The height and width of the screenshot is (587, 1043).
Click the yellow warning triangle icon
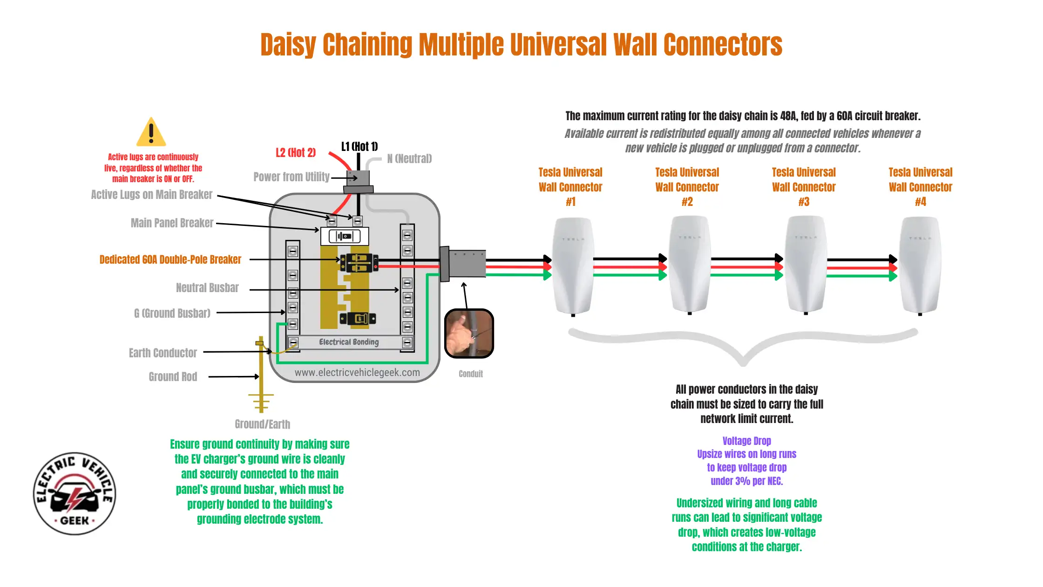pyautogui.click(x=151, y=133)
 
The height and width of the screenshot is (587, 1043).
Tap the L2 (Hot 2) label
pyautogui.click(x=295, y=153)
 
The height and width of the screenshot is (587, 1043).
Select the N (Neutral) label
pyautogui.click(x=409, y=159)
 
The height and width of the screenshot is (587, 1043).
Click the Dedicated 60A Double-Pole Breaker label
pyautogui.click(x=170, y=259)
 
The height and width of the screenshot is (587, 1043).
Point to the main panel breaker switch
pyautogui.click(x=345, y=236)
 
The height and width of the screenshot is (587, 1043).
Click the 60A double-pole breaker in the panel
pyautogui.click(x=359, y=263)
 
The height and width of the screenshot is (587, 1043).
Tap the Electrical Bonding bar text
pyautogui.click(x=349, y=342)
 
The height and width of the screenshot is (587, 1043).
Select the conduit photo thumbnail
pyautogui.click(x=469, y=334)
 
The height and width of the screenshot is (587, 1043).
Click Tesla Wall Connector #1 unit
pyautogui.click(x=572, y=266)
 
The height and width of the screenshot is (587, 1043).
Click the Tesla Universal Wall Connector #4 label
pyautogui.click(x=920, y=187)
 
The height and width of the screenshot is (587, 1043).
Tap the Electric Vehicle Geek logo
pyautogui.click(x=74, y=493)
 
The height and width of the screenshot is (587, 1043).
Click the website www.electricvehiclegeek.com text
pyautogui.click(x=357, y=373)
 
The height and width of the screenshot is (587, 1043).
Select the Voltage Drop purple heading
pyautogui.click(x=746, y=441)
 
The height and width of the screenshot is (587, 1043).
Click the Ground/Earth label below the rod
pyautogui.click(x=262, y=424)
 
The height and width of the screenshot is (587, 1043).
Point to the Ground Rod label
pyautogui.click(x=173, y=376)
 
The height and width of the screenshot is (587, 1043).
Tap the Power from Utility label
pyautogui.click(x=291, y=177)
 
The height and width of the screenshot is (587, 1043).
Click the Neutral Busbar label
pyautogui.click(x=207, y=288)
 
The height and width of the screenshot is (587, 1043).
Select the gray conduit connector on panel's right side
pyautogui.click(x=463, y=264)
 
